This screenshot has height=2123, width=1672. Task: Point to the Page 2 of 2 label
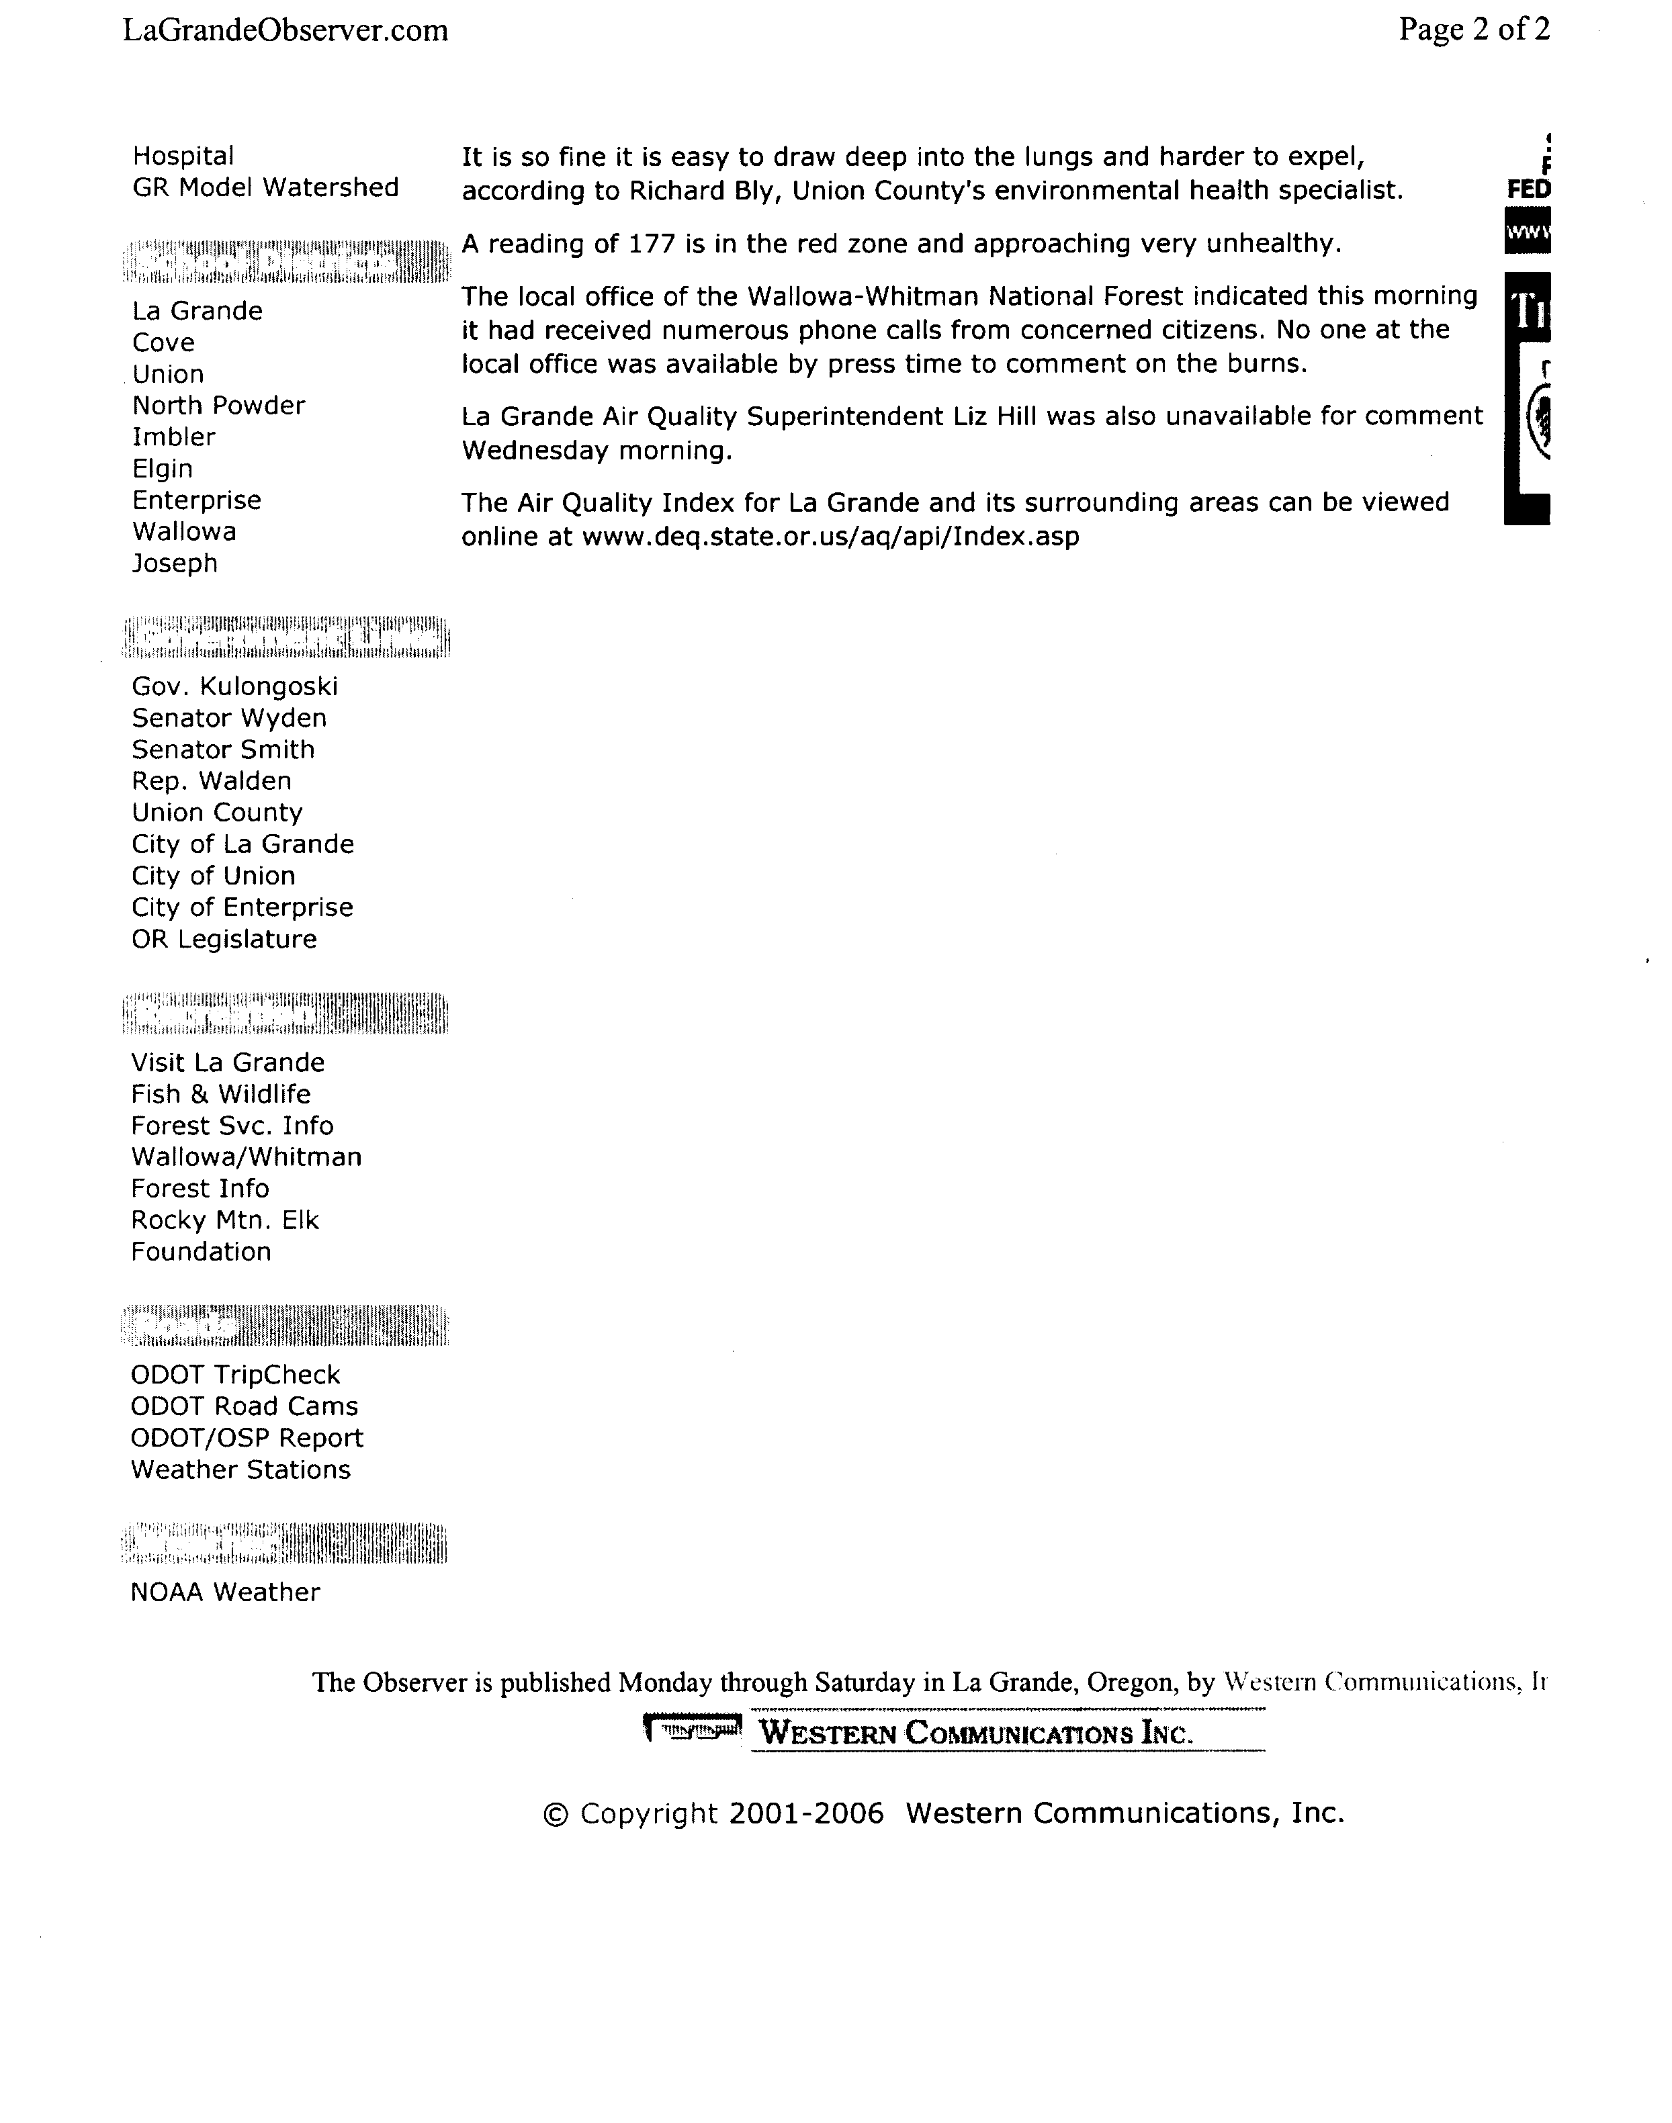coord(1473,30)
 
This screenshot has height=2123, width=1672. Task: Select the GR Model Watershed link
coord(265,188)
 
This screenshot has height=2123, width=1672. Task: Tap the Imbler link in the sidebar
coord(173,437)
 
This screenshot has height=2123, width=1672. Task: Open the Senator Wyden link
coord(229,719)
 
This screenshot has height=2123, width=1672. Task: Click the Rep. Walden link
coord(212,781)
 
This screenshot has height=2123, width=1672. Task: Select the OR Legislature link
coord(224,940)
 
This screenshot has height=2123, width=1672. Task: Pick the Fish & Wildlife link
coord(220,1094)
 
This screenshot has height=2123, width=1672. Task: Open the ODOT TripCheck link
coord(235,1375)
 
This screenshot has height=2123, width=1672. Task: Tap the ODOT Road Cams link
coord(244,1406)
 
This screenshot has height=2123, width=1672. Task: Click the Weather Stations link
coord(240,1470)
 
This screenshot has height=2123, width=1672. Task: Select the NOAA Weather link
coord(225,1592)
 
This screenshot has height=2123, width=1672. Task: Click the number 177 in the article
coord(653,244)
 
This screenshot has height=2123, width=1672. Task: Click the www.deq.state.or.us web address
coord(830,537)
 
